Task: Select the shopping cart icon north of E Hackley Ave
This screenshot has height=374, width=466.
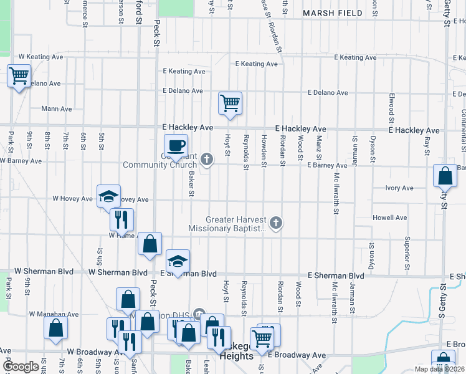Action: [x=230, y=103]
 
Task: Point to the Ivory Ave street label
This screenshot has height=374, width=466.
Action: [x=399, y=188]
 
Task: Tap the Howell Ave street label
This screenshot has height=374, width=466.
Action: [x=389, y=218]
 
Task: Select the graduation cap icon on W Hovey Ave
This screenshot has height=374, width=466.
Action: [x=108, y=196]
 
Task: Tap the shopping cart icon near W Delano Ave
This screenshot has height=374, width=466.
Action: [x=19, y=76]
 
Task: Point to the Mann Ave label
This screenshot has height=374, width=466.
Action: [x=56, y=108]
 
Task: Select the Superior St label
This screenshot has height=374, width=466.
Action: [x=407, y=253]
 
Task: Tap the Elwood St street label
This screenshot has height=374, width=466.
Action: [x=391, y=108]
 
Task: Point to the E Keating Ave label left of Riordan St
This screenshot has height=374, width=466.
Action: [x=256, y=64]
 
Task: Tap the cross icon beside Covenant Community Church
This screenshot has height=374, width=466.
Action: [x=207, y=160]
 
